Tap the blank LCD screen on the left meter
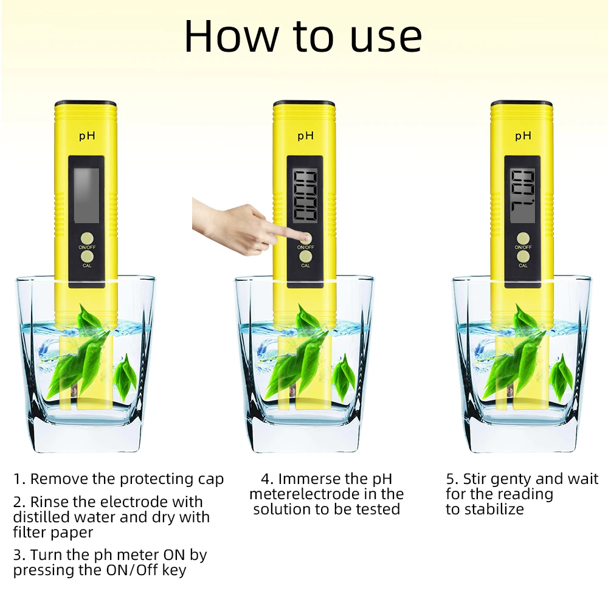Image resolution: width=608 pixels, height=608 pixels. tap(86, 195)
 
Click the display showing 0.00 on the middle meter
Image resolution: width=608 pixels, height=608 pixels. tap(305, 195)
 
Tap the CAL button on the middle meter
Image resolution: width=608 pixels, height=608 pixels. tap(305, 257)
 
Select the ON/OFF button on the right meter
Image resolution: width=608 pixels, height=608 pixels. tap(523, 238)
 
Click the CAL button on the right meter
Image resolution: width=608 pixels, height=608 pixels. tap(523, 257)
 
